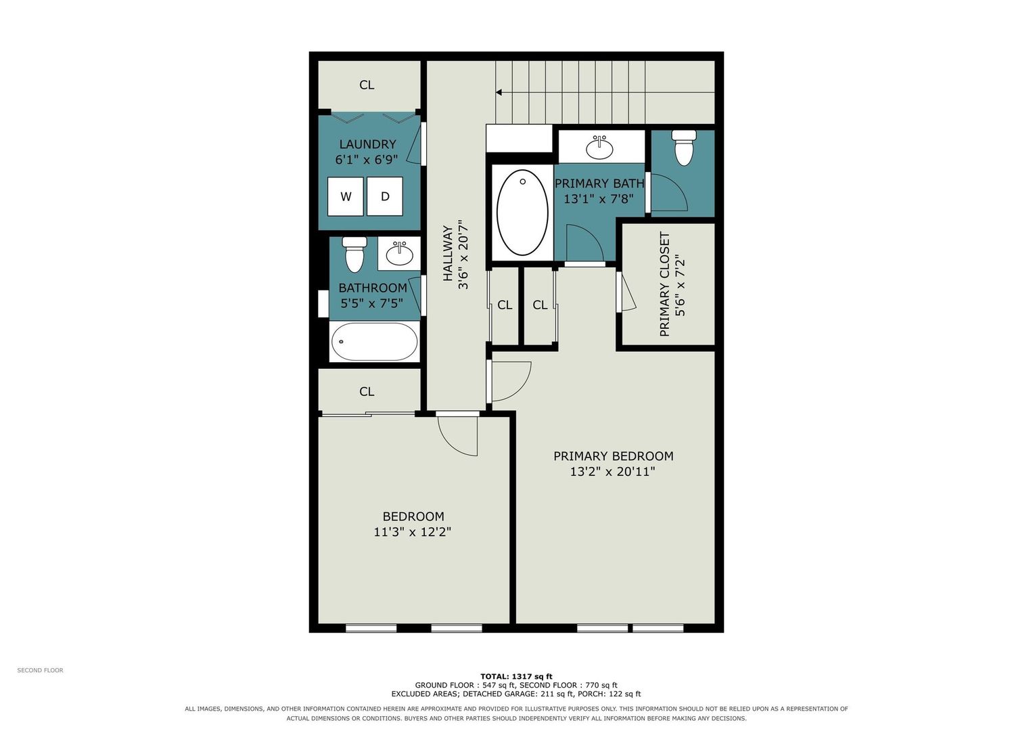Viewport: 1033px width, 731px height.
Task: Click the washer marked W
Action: pyautogui.click(x=346, y=196)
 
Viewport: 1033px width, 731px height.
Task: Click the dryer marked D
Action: pyautogui.click(x=385, y=196)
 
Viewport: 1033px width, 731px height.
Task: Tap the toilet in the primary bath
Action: pyautogui.click(x=683, y=148)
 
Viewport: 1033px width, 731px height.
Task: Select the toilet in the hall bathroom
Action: pyautogui.click(x=354, y=254)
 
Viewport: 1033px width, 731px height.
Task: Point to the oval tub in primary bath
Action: pyautogui.click(x=522, y=213)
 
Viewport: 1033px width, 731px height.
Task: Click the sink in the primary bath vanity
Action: pyautogui.click(x=599, y=148)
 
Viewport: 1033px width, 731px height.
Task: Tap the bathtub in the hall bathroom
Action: pyautogui.click(x=374, y=342)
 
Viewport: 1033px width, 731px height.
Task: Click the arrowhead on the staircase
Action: pyautogui.click(x=499, y=92)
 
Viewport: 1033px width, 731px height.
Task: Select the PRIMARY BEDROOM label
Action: pyautogui.click(x=614, y=456)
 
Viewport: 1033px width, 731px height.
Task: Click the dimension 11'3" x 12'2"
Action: pyautogui.click(x=412, y=532)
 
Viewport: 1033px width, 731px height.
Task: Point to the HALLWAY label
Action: pyautogui.click(x=447, y=253)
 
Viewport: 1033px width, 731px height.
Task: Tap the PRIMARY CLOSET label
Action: pyautogui.click(x=664, y=284)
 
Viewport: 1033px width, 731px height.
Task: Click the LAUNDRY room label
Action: pyautogui.click(x=367, y=144)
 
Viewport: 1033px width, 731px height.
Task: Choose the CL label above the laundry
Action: pyautogui.click(x=367, y=85)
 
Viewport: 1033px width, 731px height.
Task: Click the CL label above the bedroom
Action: pyautogui.click(x=367, y=392)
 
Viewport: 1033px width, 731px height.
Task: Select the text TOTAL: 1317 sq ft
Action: pyautogui.click(x=517, y=677)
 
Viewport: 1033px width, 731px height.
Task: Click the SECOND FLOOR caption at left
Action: pyautogui.click(x=40, y=670)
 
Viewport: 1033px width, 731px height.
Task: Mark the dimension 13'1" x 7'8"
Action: pyautogui.click(x=599, y=199)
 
